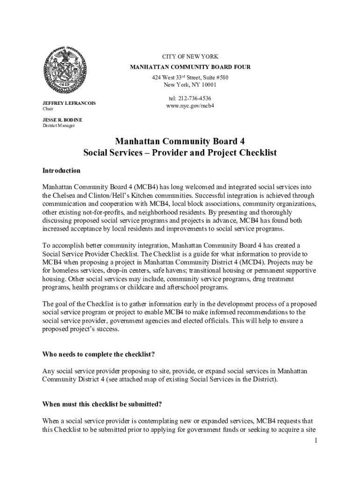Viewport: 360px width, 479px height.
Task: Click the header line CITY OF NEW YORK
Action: click(x=190, y=57)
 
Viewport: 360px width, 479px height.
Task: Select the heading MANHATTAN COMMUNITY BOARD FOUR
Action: click(x=190, y=67)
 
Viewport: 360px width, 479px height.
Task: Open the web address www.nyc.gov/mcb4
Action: click(x=190, y=106)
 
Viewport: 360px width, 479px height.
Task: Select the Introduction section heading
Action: click(x=61, y=171)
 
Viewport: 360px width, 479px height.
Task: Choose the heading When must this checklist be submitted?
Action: click(x=102, y=404)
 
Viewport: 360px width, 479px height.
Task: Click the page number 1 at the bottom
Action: click(x=316, y=440)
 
